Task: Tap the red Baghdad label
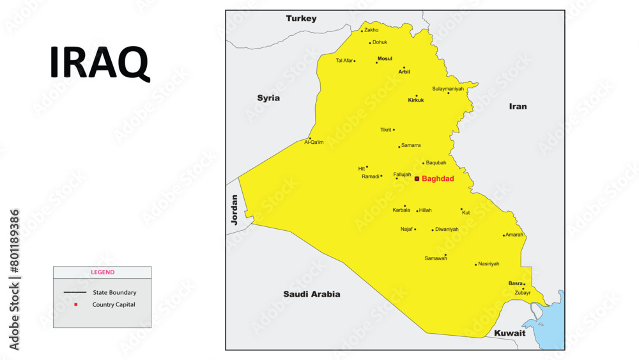tap(438, 179)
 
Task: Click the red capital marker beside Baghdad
tap(417, 179)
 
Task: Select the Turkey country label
tap(301, 19)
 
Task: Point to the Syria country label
tap(268, 98)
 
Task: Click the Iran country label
tap(518, 106)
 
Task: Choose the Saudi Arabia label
tap(312, 294)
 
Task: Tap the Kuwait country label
tap(509, 333)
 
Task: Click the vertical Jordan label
tap(235, 210)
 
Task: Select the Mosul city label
tap(385, 59)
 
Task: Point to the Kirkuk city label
tap(416, 100)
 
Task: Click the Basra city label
tap(515, 283)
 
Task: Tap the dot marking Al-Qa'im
tap(310, 138)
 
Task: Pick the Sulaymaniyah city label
tap(448, 89)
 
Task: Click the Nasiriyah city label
tap(489, 264)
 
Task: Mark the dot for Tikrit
tap(394, 130)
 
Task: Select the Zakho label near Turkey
tap(371, 30)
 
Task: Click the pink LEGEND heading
tap(102, 272)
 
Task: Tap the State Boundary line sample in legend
tap(75, 292)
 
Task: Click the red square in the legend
tap(75, 304)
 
